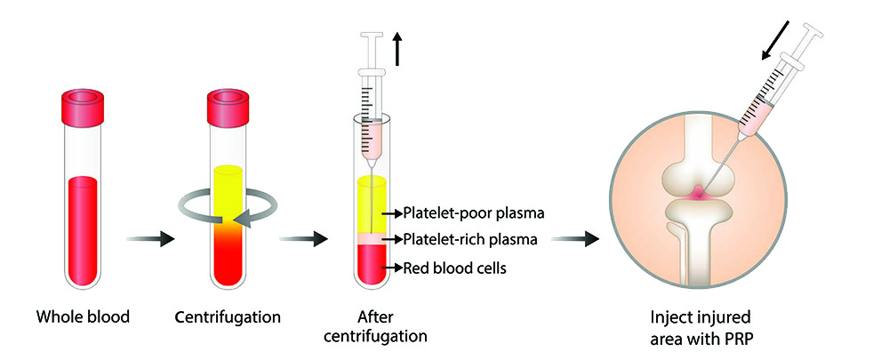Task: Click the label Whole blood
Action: (83, 316)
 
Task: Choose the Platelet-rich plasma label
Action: (469, 239)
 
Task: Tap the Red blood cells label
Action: (454, 268)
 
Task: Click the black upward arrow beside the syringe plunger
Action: (397, 50)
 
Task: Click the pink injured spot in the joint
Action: (698, 190)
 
